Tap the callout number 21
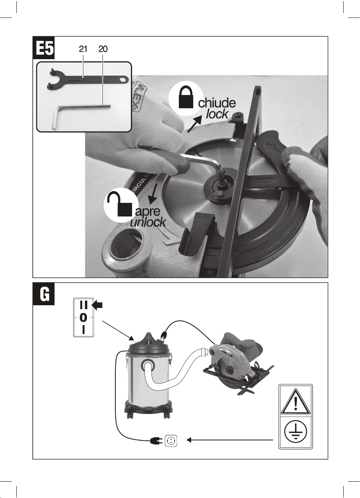point(83,49)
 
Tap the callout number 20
point(102,49)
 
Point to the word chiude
point(217,103)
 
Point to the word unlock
point(148,222)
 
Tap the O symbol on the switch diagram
point(83,317)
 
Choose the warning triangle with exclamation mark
point(296,401)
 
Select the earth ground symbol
point(296,431)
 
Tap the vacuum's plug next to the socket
point(156,441)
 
